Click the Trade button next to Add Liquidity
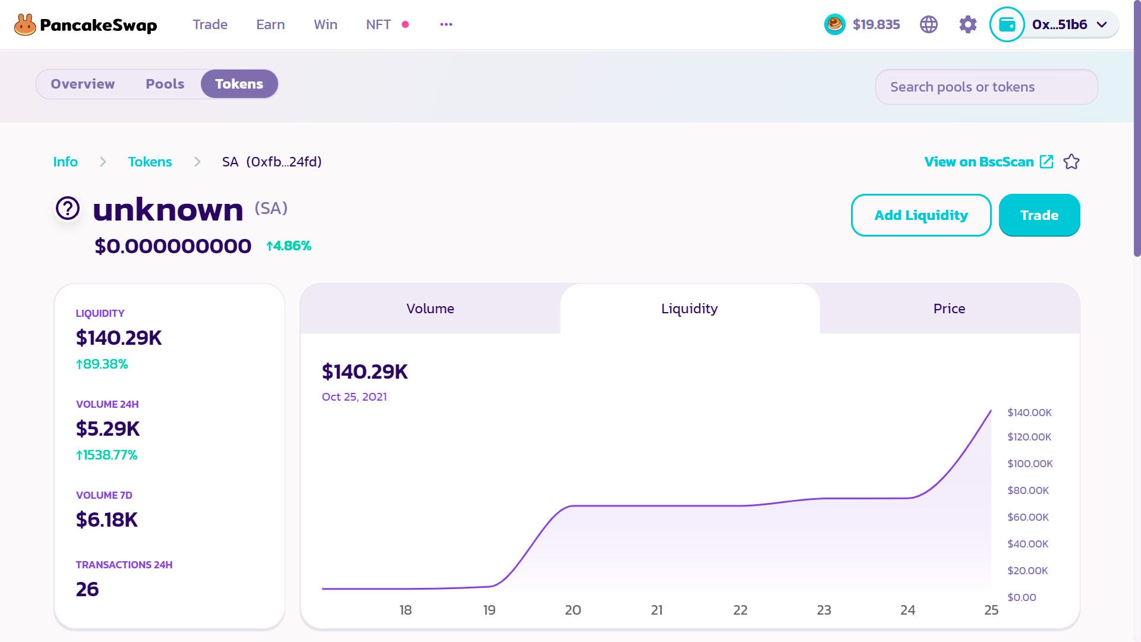point(1039,215)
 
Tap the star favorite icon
point(1071,162)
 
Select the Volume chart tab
point(430,309)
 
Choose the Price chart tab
point(949,309)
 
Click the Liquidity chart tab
point(689,309)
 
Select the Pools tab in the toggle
point(165,84)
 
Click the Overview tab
point(83,84)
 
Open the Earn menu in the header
point(270,24)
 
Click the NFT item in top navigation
point(379,24)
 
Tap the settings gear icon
point(967,24)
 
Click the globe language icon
point(928,24)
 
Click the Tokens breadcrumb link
point(150,162)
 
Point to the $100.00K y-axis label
point(1029,464)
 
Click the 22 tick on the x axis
point(740,610)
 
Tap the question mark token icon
point(68,209)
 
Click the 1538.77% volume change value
point(107,455)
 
